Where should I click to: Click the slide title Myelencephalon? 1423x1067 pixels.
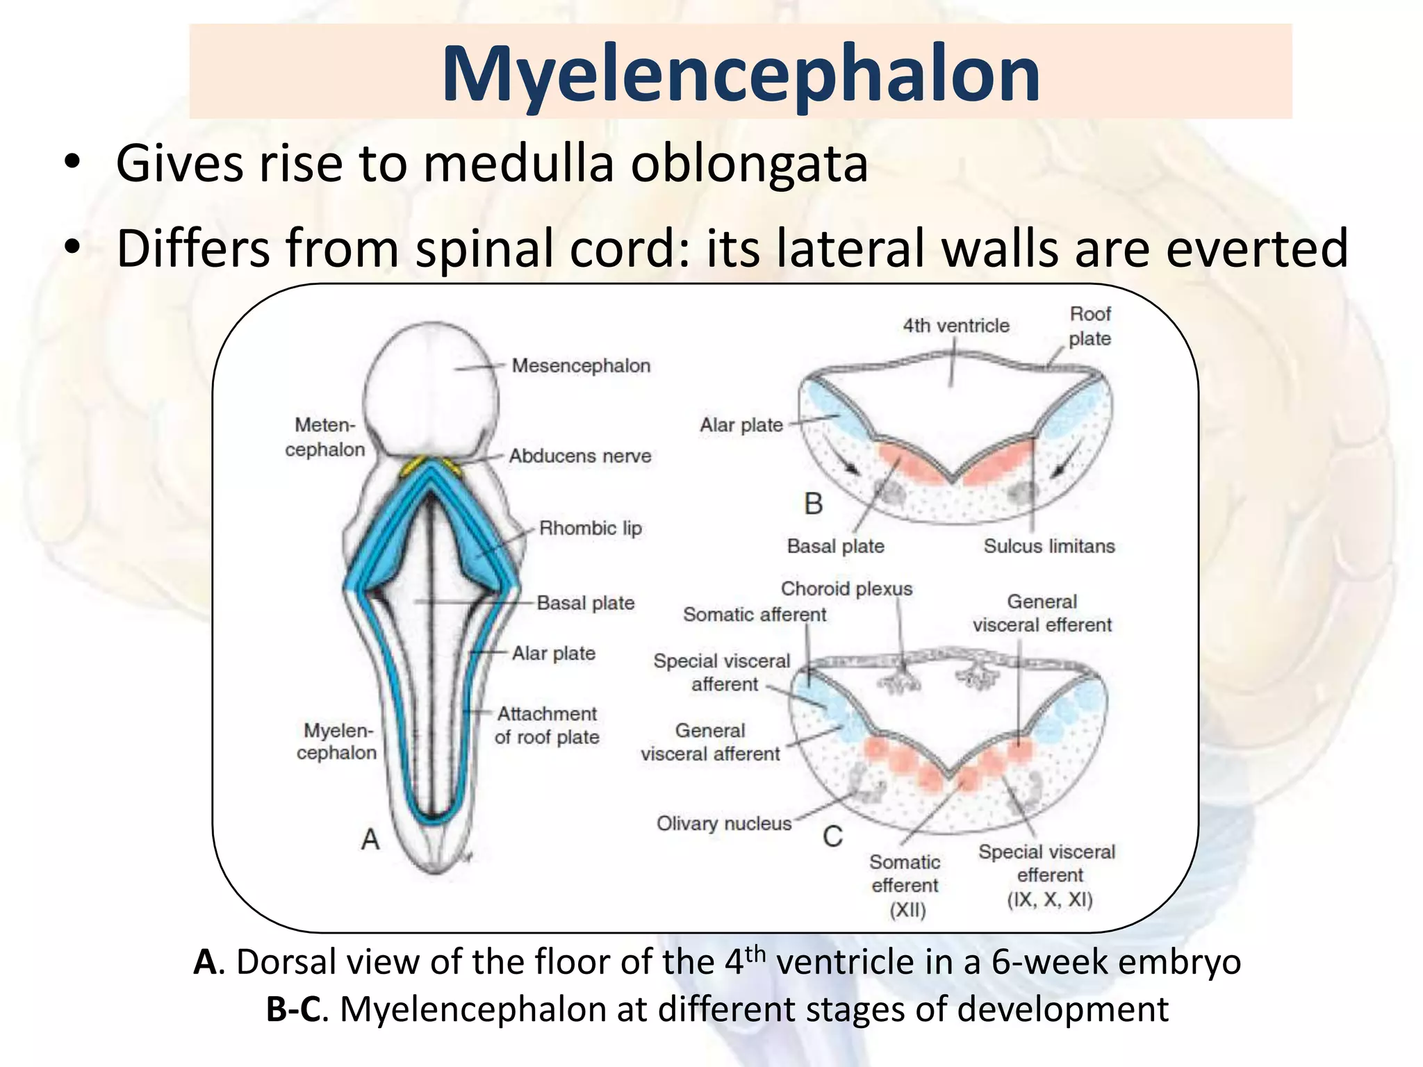[x=740, y=74]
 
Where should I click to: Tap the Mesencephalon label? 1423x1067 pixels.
[x=581, y=365]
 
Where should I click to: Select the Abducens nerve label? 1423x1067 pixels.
[x=580, y=456]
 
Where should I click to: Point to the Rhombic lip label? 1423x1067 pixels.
[x=590, y=528]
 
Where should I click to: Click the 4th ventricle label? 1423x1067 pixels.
[x=955, y=325]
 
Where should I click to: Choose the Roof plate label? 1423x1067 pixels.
[x=1089, y=326]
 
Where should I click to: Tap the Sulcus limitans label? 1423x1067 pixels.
[x=1048, y=546]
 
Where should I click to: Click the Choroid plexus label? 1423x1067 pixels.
[x=846, y=588]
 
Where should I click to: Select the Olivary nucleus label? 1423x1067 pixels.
[x=724, y=823]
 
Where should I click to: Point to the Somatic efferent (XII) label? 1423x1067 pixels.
[x=905, y=885]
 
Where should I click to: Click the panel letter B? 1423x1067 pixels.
[x=813, y=504]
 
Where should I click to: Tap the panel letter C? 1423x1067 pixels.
[x=832, y=836]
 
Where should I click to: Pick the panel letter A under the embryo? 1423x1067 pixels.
[x=370, y=839]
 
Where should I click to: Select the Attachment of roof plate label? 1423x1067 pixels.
[x=547, y=725]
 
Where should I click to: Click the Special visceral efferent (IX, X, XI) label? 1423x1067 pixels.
[x=1047, y=875]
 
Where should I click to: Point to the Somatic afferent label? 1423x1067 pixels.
[x=754, y=614]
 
